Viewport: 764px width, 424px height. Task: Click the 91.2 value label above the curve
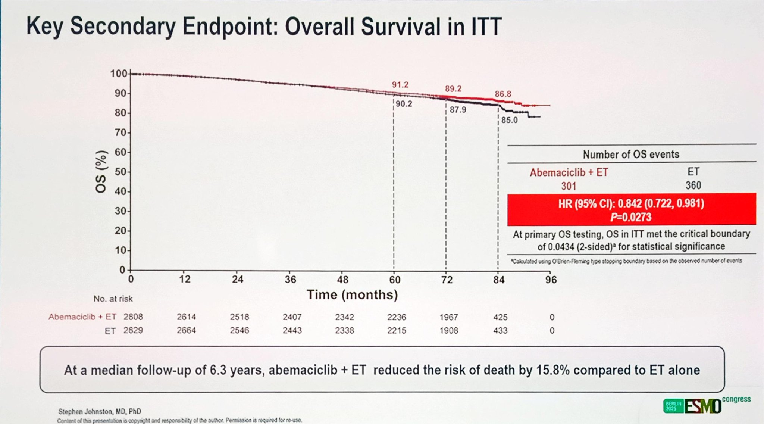tap(400, 85)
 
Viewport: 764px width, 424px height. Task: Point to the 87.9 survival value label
tap(458, 110)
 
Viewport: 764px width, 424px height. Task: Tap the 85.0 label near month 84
tap(509, 120)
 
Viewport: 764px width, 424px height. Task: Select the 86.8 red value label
tap(503, 94)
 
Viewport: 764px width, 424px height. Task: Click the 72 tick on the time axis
tap(447, 280)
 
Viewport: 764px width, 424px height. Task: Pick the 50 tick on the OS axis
tap(120, 172)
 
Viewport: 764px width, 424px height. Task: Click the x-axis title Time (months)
tap(352, 295)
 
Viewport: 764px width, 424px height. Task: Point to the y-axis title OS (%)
tap(101, 172)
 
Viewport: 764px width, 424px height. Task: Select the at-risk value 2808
tap(133, 317)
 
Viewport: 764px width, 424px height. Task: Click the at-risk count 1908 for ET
tap(448, 331)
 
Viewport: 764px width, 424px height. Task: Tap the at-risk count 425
tap(500, 317)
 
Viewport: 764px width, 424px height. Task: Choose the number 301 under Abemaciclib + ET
tap(569, 186)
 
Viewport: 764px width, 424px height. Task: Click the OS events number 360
tap(693, 185)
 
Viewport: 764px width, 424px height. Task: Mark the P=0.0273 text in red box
tap(631, 217)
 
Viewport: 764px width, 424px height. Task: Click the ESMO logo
tap(702, 406)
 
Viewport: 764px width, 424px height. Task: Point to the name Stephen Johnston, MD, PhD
tap(100, 411)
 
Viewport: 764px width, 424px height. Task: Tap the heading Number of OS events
tap(631, 154)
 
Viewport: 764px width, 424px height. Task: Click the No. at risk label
tap(113, 299)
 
